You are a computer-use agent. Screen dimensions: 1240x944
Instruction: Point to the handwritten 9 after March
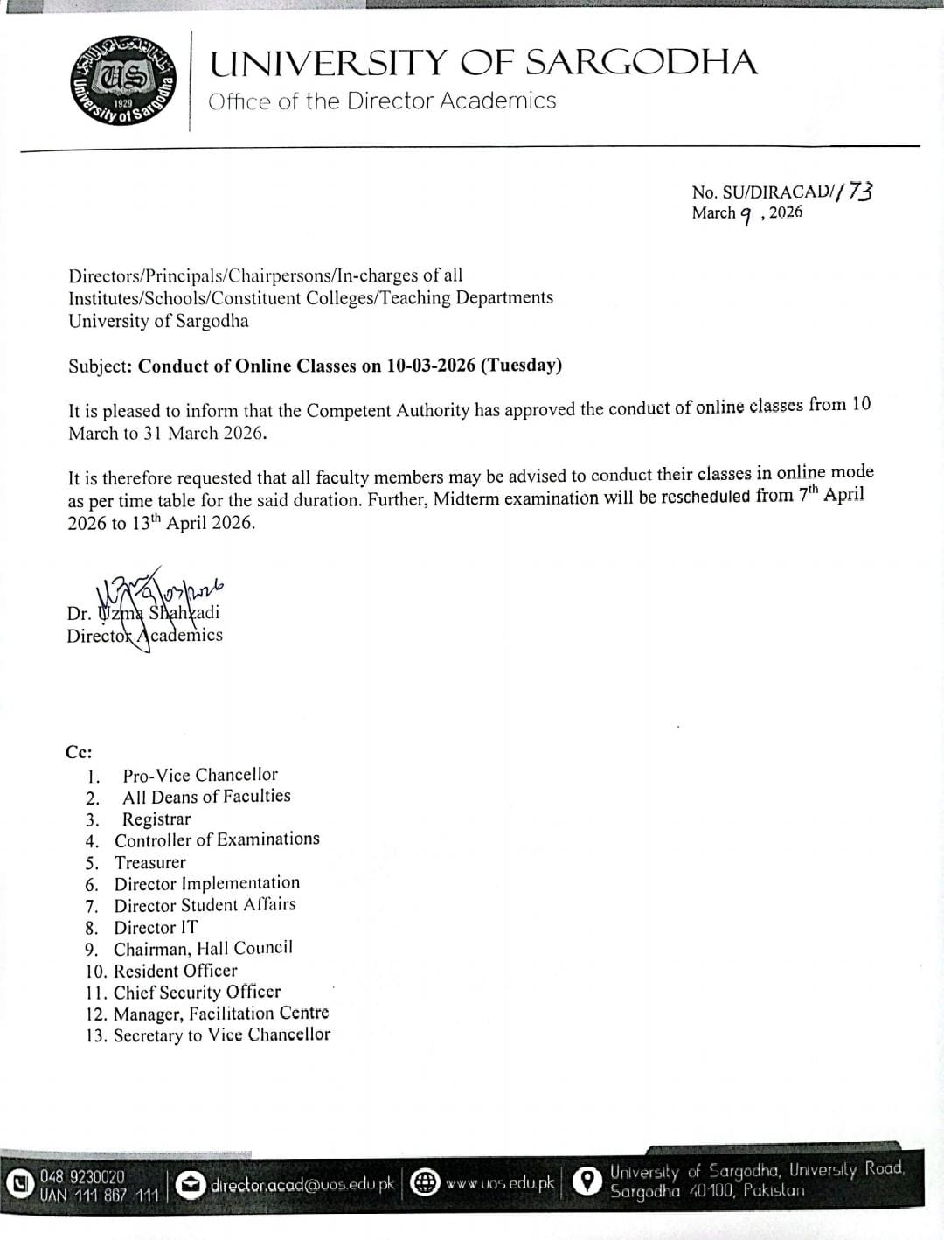coord(746,215)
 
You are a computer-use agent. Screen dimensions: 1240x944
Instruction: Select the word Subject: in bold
coord(101,366)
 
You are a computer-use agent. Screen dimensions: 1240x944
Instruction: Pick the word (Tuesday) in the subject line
coord(521,366)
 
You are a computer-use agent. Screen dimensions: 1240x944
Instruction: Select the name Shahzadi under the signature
coord(184,612)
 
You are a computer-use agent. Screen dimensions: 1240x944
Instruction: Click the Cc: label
coord(79,752)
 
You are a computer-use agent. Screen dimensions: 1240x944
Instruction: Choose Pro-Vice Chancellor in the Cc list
coord(200,775)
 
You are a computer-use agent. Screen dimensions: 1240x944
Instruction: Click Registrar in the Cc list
coord(156,819)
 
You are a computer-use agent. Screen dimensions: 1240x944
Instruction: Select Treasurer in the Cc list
coord(150,862)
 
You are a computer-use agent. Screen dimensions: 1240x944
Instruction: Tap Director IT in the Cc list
coord(156,927)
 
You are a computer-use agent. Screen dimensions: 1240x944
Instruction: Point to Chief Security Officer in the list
coord(198,993)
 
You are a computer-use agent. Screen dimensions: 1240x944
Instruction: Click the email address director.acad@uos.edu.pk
coord(302,1185)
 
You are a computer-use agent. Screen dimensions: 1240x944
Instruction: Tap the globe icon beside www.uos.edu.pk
coord(425,1183)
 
